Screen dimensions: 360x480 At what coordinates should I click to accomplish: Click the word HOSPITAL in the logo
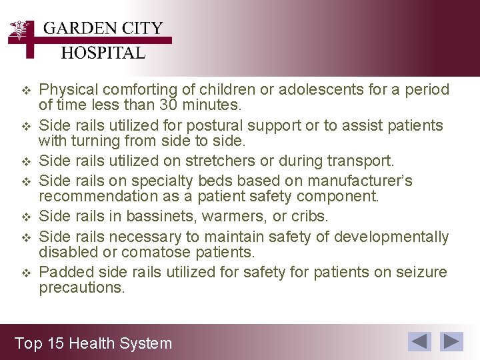[x=103, y=53]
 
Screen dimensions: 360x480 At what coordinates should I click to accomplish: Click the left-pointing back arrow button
[x=420, y=341]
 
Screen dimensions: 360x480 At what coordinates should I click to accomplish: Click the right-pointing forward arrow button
[x=453, y=341]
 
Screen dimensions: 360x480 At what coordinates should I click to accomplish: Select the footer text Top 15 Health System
[x=93, y=343]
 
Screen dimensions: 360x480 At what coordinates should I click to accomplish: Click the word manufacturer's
[x=367, y=181]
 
